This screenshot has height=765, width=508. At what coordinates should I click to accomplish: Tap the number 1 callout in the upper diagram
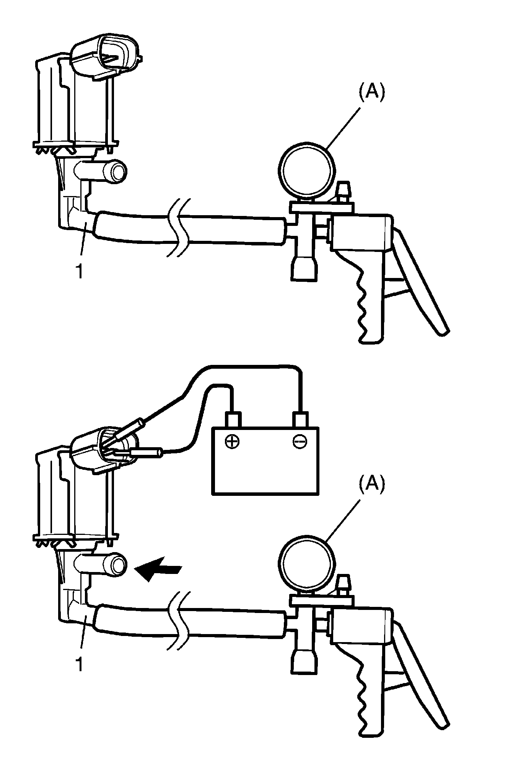(x=79, y=272)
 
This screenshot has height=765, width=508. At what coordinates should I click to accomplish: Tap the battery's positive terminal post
(x=233, y=420)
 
